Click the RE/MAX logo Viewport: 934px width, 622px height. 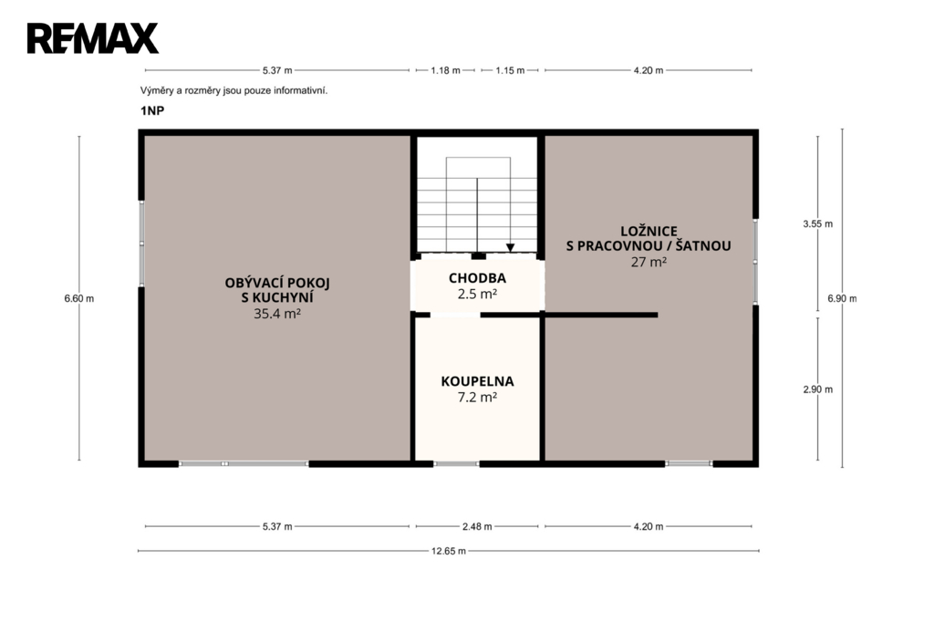point(92,38)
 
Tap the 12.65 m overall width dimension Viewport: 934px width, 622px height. point(449,551)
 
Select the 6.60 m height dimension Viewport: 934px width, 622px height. point(79,298)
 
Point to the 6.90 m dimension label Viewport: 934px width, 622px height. point(842,298)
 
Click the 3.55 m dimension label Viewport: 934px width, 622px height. point(818,224)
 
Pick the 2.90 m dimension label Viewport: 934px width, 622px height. point(818,389)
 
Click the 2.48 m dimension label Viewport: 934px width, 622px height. point(477,526)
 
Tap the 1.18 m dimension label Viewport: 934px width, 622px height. point(445,70)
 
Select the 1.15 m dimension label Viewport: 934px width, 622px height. point(510,70)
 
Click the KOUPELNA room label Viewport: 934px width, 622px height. point(477,381)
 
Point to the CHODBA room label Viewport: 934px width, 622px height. point(477,278)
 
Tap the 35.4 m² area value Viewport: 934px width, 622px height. point(277,314)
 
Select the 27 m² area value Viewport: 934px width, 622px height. point(649,262)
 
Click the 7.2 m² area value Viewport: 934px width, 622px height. point(477,397)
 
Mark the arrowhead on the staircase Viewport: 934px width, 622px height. point(511,248)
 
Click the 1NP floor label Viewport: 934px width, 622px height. point(152,111)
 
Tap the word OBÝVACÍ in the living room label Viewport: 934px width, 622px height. point(253,283)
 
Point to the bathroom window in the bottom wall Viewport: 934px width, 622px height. point(456,463)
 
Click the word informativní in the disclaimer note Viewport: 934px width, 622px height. point(301,90)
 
